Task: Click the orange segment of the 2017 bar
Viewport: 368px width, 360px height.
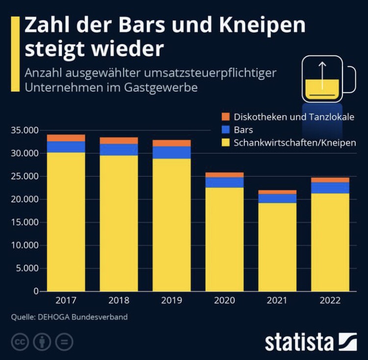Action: coord(66,138)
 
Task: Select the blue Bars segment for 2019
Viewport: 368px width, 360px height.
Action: coord(172,153)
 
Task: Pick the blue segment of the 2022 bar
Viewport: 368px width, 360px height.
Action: coord(330,188)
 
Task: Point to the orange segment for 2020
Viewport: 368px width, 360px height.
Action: coord(224,175)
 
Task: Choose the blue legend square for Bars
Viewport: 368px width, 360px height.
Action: coord(226,130)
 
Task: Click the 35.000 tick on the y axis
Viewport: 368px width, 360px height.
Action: coord(25,130)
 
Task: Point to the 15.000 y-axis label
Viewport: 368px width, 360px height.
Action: coord(25,222)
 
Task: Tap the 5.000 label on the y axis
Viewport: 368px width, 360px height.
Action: coord(27,268)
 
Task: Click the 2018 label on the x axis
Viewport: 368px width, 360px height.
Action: coord(119,301)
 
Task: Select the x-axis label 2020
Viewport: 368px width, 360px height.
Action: coord(224,301)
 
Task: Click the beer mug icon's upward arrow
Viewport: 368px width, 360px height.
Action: coord(322,74)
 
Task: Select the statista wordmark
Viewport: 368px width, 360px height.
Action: coord(303,342)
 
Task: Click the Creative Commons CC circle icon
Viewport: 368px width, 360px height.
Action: coord(20,342)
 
